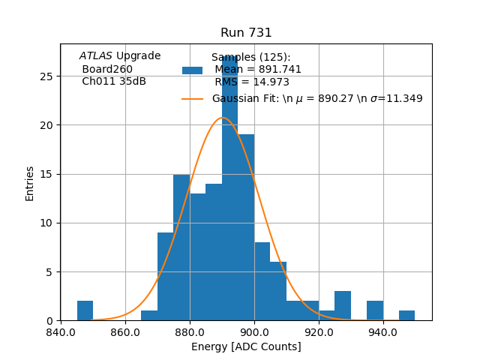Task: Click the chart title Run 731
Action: (x=246, y=33)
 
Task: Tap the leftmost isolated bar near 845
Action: (x=85, y=310)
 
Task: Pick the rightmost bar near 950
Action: (x=406, y=316)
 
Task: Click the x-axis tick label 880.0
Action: (x=190, y=331)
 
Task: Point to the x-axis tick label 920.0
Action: (x=319, y=331)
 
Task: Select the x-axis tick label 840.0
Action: (x=61, y=331)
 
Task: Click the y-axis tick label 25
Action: (x=46, y=76)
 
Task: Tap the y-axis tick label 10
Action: (x=46, y=223)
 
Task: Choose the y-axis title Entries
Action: (x=30, y=183)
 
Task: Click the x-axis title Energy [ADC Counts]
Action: (x=246, y=346)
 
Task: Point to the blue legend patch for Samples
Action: (x=193, y=70)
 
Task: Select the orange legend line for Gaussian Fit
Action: (x=193, y=99)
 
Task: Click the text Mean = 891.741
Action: (x=258, y=70)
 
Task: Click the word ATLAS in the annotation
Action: (x=96, y=56)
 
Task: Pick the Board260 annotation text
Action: (x=107, y=69)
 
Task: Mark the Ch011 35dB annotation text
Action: (x=114, y=81)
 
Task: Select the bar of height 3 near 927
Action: (x=343, y=306)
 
